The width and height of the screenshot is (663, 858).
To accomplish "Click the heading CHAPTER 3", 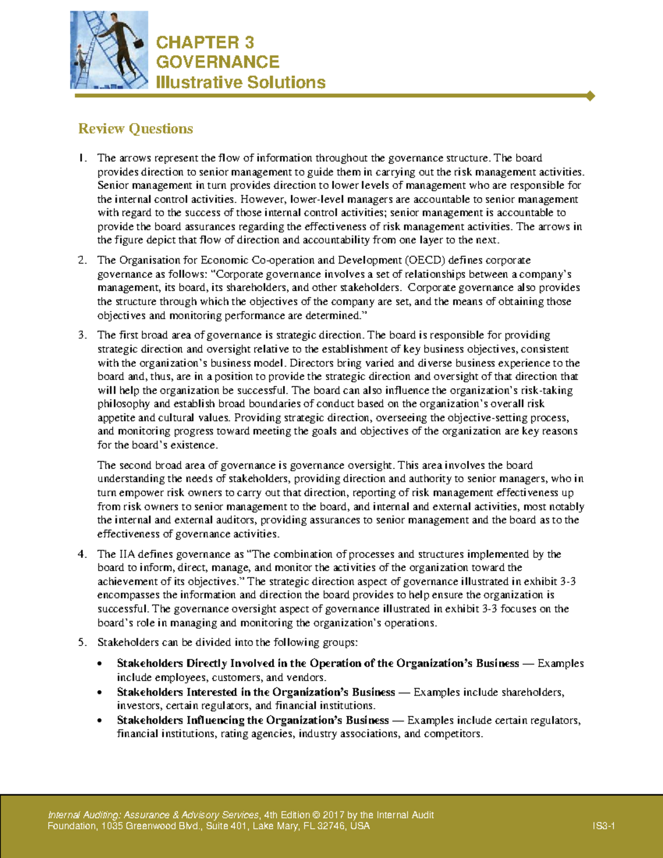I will click(x=205, y=43).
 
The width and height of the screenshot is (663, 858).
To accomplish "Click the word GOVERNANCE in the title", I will click(x=218, y=62).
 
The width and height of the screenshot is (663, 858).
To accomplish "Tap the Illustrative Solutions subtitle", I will click(x=240, y=82).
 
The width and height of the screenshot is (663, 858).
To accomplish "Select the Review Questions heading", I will click(x=135, y=129).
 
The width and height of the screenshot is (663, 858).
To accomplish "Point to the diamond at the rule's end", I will click(x=590, y=96).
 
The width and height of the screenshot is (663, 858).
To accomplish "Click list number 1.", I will click(x=82, y=159).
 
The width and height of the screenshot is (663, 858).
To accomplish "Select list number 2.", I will click(x=82, y=260).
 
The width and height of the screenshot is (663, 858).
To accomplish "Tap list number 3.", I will click(x=82, y=335).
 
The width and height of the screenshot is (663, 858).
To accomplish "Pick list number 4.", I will click(x=82, y=554).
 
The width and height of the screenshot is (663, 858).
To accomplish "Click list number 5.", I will click(x=82, y=643).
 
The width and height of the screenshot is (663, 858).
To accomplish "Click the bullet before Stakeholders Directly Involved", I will click(x=99, y=664).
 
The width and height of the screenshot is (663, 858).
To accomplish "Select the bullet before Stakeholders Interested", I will click(x=99, y=693).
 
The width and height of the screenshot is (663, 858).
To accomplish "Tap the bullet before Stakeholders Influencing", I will click(x=99, y=721).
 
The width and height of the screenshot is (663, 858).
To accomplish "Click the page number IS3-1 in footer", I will click(x=604, y=827).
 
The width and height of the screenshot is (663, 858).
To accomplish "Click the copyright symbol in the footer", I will click(x=316, y=815).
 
